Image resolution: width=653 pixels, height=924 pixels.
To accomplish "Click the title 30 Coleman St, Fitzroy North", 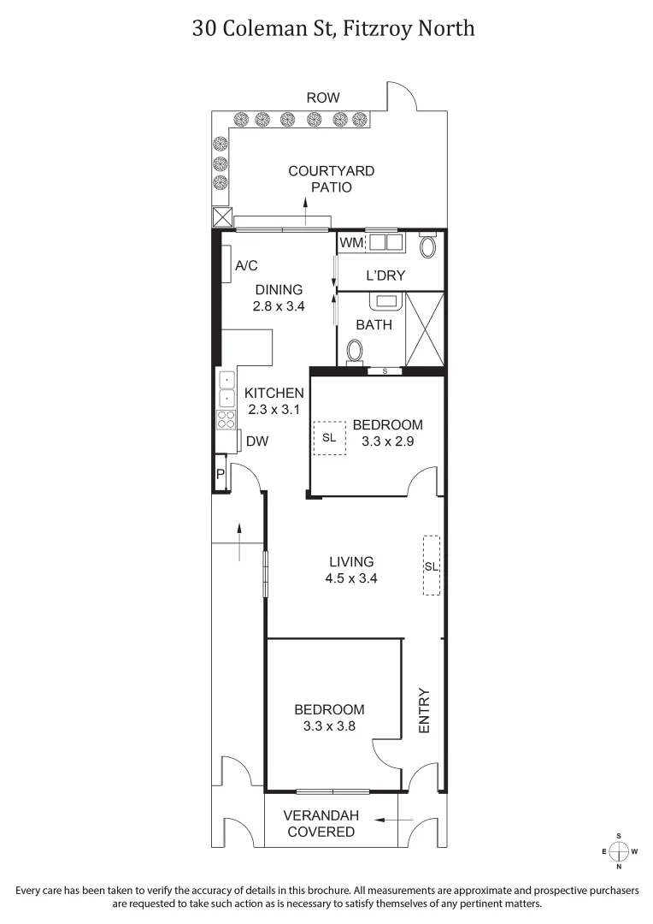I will pos(333,28).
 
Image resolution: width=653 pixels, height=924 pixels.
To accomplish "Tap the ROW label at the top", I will pos(323,98).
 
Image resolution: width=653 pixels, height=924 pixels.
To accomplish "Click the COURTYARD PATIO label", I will pos(331,179).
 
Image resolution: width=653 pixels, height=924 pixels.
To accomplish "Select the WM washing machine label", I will pos(351,243).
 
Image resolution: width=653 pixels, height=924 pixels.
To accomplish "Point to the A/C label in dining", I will pos(246,265).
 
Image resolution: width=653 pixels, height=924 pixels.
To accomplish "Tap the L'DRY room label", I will pos(385,275).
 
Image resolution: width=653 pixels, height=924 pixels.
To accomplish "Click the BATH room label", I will pos(374,325).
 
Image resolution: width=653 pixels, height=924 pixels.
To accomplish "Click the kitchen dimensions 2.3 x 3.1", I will pos(274,410).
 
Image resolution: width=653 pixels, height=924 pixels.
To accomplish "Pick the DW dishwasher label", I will pos(257,441).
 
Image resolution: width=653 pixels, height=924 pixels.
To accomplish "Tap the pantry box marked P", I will pos(220,474).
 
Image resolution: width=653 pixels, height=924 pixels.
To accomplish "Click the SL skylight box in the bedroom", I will pos(330,437).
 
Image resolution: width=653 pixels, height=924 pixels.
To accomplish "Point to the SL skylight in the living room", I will pos(432,566).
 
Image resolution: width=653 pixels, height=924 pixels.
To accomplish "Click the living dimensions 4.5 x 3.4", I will pos(351,578).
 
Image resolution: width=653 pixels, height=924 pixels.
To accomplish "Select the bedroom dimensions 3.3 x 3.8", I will pos(329,726).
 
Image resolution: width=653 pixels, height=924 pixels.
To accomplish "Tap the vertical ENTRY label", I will pos(424,710).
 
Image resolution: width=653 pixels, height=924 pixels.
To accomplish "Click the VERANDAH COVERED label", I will pos(320,823).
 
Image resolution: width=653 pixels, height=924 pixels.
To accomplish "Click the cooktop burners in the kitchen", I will pos(226,419).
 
